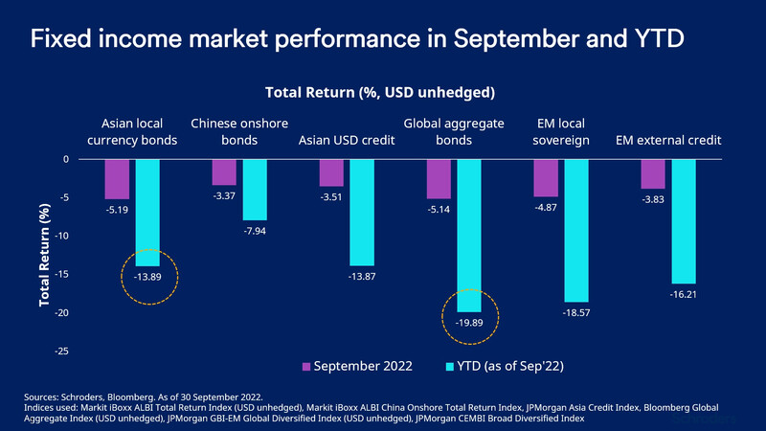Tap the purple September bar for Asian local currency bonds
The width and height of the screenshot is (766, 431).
(117, 179)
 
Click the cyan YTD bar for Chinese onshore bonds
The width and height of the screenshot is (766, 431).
(255, 190)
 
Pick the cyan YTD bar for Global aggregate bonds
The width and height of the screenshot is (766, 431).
(470, 235)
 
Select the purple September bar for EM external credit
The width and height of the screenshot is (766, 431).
(653, 173)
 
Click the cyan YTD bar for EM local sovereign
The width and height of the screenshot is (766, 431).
(576, 230)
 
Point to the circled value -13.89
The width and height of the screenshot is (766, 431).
(147, 278)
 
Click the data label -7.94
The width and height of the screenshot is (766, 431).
(255, 232)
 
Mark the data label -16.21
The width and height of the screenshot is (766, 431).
(684, 296)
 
